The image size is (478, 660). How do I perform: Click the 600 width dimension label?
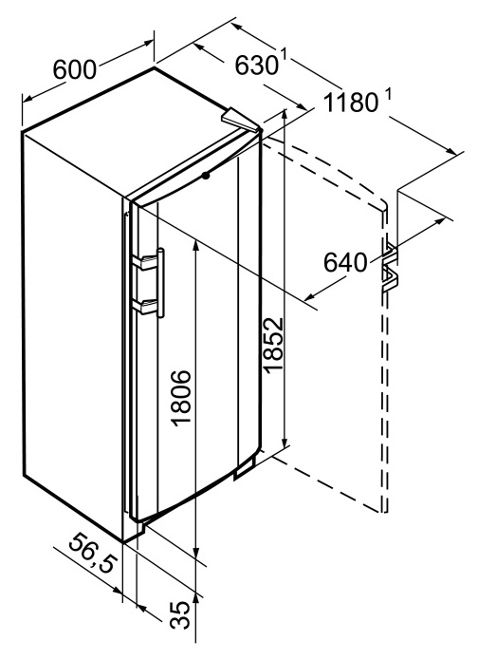pos(75,69)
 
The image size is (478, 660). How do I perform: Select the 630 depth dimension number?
pos(256,66)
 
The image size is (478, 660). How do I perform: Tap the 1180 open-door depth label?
pos(352,103)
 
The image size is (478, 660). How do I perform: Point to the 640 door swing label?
pos(345,262)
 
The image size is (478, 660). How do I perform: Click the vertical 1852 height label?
pos(273,345)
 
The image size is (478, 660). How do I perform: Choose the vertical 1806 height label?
pos(182,398)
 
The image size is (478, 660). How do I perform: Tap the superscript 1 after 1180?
pos(388,97)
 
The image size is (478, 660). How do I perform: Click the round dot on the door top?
pos(205,176)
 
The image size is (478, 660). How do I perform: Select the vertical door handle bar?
pos(160,282)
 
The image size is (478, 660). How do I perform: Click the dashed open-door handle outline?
pos(391,267)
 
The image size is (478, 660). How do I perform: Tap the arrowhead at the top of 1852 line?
pos(285,115)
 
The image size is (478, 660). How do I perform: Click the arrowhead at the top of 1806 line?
pos(195,246)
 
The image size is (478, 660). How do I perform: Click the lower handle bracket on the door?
pos(144,307)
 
